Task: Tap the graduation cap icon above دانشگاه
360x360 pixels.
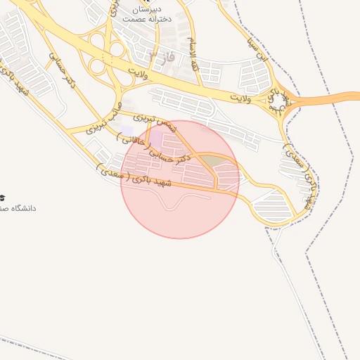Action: click(3, 197)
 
